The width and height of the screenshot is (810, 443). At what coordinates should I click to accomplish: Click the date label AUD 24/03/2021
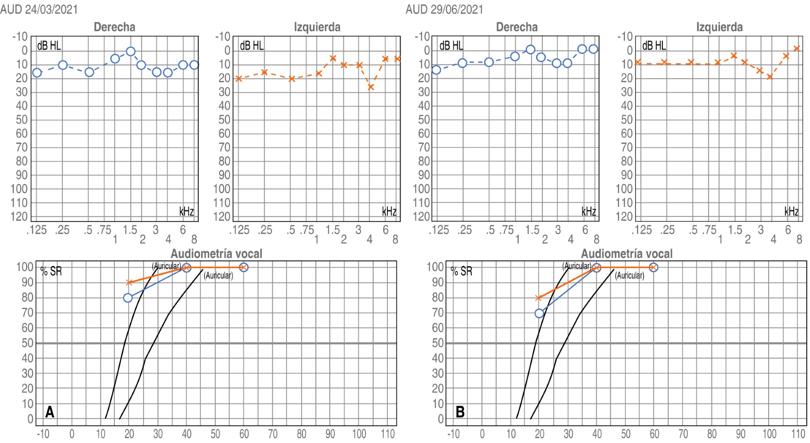tap(39, 9)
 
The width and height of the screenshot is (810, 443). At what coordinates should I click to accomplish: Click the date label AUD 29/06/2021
tap(444, 9)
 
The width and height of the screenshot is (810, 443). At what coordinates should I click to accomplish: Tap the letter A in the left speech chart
tap(49, 412)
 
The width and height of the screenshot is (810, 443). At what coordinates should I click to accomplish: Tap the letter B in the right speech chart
tap(460, 412)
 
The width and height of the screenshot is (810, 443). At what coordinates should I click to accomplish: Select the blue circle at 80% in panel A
tap(128, 298)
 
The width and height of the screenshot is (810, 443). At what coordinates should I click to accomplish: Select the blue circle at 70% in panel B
tap(539, 313)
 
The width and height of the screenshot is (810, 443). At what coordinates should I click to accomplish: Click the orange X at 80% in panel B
tap(538, 298)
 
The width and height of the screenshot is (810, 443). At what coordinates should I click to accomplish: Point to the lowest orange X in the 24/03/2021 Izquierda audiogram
tap(371, 87)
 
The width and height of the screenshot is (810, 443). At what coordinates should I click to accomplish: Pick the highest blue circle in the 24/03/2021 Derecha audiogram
tap(130, 52)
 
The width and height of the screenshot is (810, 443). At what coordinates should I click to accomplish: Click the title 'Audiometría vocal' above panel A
tap(216, 254)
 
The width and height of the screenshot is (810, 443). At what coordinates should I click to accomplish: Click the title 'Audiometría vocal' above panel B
tap(627, 254)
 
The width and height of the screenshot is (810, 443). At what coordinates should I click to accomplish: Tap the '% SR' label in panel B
tap(461, 271)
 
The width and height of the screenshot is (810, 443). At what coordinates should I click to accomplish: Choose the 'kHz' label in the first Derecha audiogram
tap(186, 211)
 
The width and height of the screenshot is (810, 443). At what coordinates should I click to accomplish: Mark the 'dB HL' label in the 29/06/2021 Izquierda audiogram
tap(654, 45)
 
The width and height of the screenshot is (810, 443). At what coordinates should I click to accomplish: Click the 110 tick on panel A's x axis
tap(387, 434)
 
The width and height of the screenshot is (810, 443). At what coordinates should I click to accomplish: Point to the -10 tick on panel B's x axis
tap(453, 434)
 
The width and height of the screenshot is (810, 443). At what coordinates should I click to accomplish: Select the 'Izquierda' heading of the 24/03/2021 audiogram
tap(317, 27)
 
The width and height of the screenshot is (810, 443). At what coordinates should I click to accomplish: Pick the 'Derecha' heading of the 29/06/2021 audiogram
tap(517, 27)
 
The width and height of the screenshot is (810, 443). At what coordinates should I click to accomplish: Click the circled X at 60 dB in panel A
tap(243, 268)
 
